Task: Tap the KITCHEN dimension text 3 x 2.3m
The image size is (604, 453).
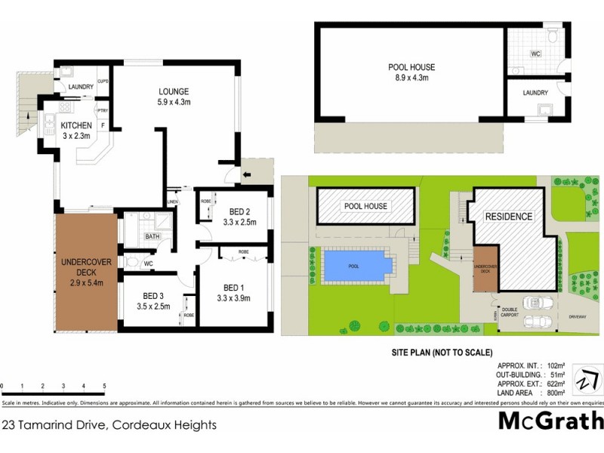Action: tap(77, 136)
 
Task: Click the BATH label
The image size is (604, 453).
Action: tap(153, 237)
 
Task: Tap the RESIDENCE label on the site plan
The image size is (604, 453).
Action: tap(508, 217)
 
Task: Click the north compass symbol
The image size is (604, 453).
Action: tap(586, 379)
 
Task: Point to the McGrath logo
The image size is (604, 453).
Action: tap(550, 421)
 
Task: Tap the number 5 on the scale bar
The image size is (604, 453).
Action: tap(104, 386)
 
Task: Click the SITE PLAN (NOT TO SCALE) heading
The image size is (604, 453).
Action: tap(442, 353)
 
